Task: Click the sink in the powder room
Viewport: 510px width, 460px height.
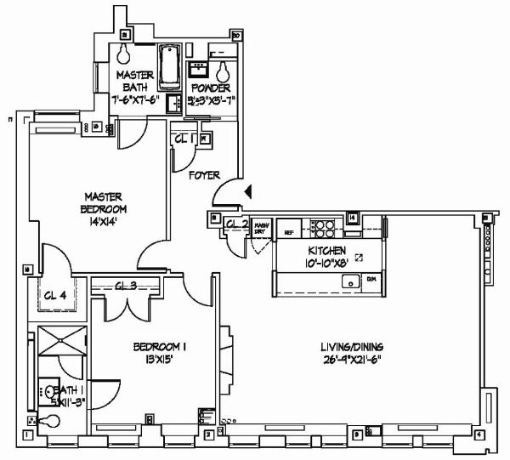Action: click(x=202, y=66)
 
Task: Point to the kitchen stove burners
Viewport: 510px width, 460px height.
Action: click(x=323, y=227)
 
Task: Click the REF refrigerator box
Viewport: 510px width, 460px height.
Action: click(x=289, y=231)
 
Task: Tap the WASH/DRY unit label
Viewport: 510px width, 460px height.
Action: click(x=261, y=228)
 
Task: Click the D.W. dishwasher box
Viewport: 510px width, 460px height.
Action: click(x=371, y=279)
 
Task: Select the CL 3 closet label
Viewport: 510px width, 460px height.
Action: click(x=125, y=286)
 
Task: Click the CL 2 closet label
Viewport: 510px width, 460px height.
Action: click(x=236, y=224)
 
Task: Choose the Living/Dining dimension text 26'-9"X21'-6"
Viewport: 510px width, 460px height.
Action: click(x=352, y=359)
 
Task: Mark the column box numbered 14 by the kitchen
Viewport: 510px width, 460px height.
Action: click(x=351, y=219)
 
